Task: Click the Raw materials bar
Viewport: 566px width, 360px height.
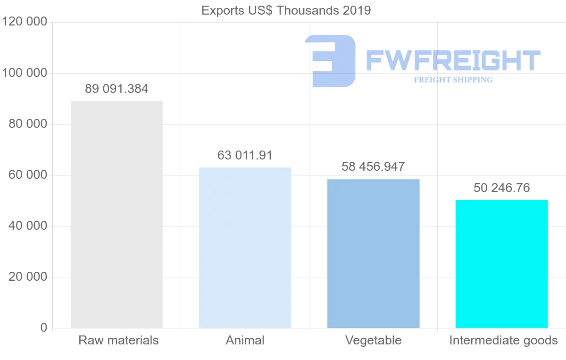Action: (117, 214)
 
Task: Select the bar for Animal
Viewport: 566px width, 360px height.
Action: (245, 248)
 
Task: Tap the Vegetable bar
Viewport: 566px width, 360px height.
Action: (373, 253)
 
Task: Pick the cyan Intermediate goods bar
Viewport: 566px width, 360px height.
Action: (501, 264)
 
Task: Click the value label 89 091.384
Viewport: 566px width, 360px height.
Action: (117, 89)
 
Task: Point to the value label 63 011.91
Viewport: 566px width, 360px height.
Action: (245, 156)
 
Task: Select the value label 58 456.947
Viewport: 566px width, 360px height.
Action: (373, 167)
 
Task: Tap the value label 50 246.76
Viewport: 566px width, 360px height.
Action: (501, 188)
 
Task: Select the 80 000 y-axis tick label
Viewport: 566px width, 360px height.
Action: (28, 124)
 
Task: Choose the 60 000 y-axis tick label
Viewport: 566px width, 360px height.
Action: (28, 175)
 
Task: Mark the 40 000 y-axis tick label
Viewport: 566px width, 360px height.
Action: (28, 226)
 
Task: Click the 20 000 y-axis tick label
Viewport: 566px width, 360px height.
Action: (28, 277)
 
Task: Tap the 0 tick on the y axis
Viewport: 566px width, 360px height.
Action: (44, 328)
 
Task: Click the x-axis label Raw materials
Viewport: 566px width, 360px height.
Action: (118, 340)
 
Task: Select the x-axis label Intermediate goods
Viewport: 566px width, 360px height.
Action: (503, 340)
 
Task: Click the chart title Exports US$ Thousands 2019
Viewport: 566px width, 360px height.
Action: (286, 10)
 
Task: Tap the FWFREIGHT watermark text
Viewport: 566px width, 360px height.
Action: (453, 60)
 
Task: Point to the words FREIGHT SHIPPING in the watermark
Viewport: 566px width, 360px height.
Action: (453, 80)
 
